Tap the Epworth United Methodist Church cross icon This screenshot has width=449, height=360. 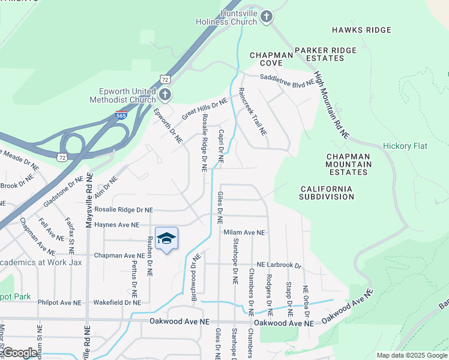(x=165, y=95)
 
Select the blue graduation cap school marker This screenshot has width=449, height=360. (x=166, y=239)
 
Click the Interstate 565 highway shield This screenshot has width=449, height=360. (x=121, y=115)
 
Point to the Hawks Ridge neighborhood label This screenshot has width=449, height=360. (x=361, y=30)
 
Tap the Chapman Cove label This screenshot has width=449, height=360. (x=271, y=59)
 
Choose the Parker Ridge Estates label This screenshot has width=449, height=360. (x=325, y=54)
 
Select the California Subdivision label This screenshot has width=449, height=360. (x=327, y=193)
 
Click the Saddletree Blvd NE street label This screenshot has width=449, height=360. (x=287, y=78)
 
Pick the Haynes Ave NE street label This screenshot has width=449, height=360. (x=117, y=225)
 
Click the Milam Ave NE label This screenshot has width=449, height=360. (x=244, y=232)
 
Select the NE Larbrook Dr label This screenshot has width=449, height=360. (x=279, y=265)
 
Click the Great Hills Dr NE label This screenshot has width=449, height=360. (x=205, y=108)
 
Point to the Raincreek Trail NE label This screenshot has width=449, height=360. (x=252, y=112)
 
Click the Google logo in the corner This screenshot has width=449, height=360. (x=20, y=352)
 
